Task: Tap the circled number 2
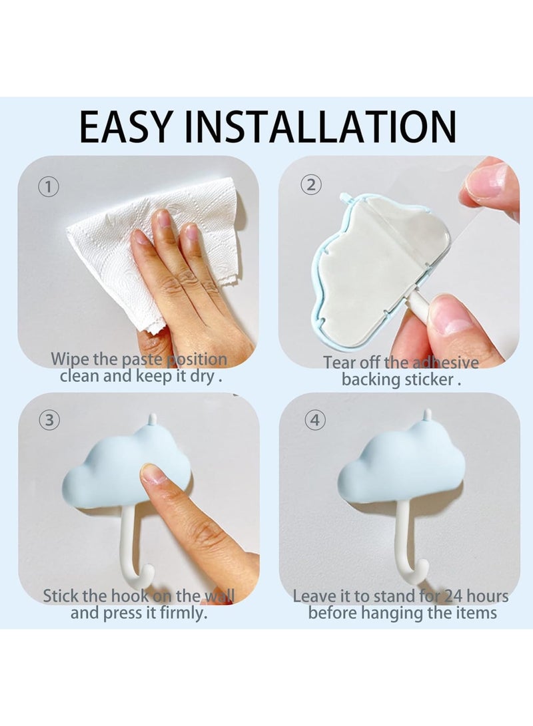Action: tap(310, 185)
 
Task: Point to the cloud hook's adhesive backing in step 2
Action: tap(373, 266)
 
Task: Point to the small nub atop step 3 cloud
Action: tap(152, 419)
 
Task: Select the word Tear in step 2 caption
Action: tap(340, 363)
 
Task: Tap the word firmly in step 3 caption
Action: tap(181, 613)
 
